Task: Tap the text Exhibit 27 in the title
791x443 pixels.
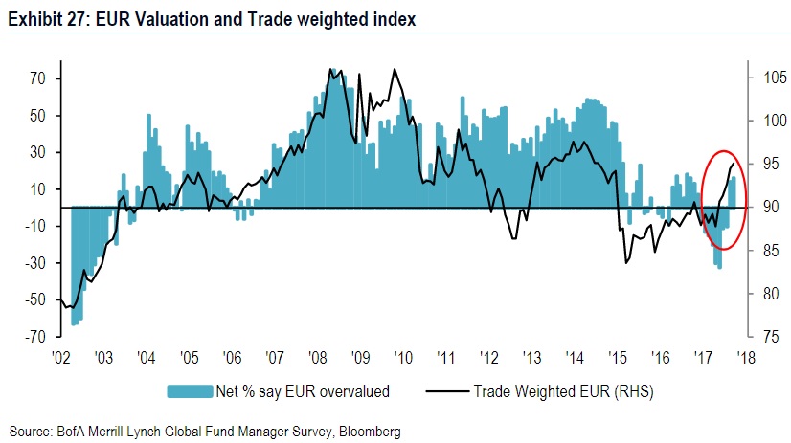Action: (42, 18)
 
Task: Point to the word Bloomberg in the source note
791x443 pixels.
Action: (367, 432)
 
